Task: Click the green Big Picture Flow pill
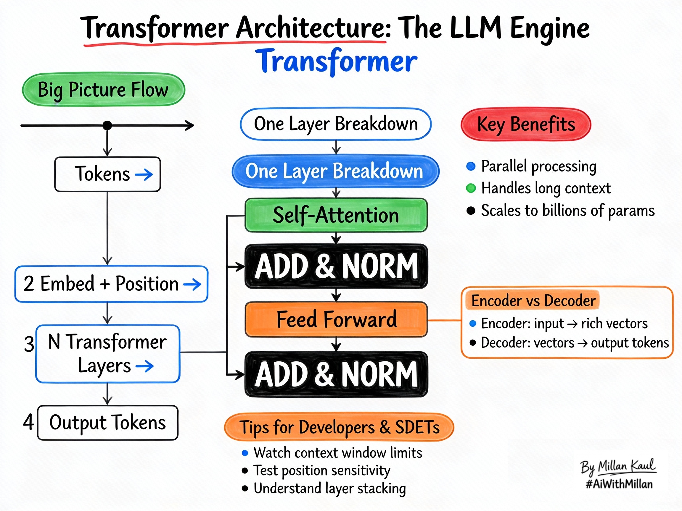click(103, 90)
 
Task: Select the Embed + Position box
click(111, 284)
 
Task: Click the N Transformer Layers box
click(108, 354)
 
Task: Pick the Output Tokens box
click(108, 423)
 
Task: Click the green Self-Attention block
click(336, 215)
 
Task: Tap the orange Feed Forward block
click(336, 319)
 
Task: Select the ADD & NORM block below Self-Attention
click(336, 266)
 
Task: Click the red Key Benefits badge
click(526, 124)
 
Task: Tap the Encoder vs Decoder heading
click(533, 301)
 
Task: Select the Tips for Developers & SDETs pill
click(339, 427)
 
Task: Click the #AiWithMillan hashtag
click(619, 484)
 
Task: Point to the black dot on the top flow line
click(107, 125)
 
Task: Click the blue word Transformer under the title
click(336, 61)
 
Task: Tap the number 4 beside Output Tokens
click(28, 422)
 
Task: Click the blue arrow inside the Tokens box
click(144, 175)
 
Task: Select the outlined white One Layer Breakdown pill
click(335, 124)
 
